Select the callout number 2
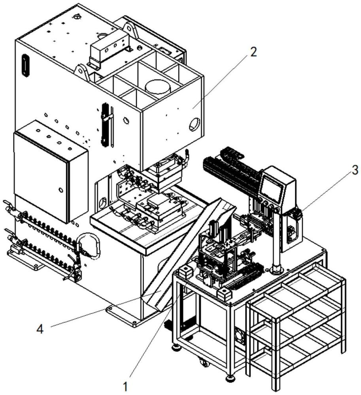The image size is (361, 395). (253, 52)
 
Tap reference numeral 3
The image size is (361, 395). (354, 171)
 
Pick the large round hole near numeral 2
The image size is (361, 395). (195, 124)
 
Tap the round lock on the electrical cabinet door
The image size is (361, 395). (60, 190)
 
